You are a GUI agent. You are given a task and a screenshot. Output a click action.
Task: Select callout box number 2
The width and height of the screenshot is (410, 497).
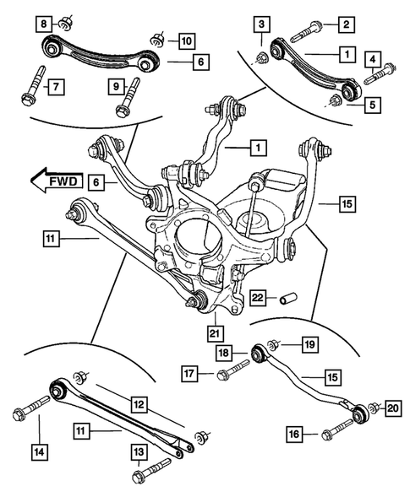coord(347,24)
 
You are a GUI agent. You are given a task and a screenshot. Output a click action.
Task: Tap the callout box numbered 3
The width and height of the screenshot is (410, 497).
coord(263,24)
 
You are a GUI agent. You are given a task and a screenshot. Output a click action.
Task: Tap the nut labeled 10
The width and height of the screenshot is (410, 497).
coord(157,40)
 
